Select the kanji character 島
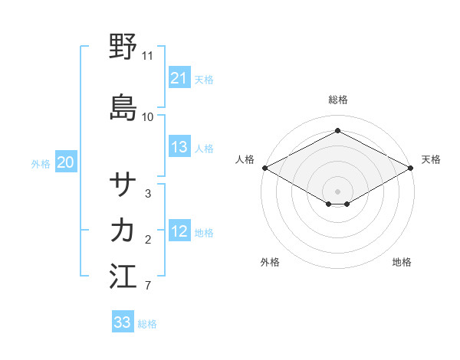click(123, 106)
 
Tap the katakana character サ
click(123, 185)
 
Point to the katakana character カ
click(123, 230)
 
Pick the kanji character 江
click(123, 276)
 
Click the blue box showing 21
click(179, 78)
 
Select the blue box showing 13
click(179, 147)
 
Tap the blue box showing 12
click(179, 232)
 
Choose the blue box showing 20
click(66, 162)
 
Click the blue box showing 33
click(122, 322)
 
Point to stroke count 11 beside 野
click(148, 56)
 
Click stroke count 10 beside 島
click(148, 116)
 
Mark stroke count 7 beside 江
click(148, 286)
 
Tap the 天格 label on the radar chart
click(431, 159)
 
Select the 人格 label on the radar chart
click(245, 159)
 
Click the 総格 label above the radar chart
click(338, 100)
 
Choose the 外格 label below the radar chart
click(270, 263)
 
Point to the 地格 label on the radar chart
click(402, 263)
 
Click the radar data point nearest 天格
click(412, 168)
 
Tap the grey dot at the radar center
click(338, 191)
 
